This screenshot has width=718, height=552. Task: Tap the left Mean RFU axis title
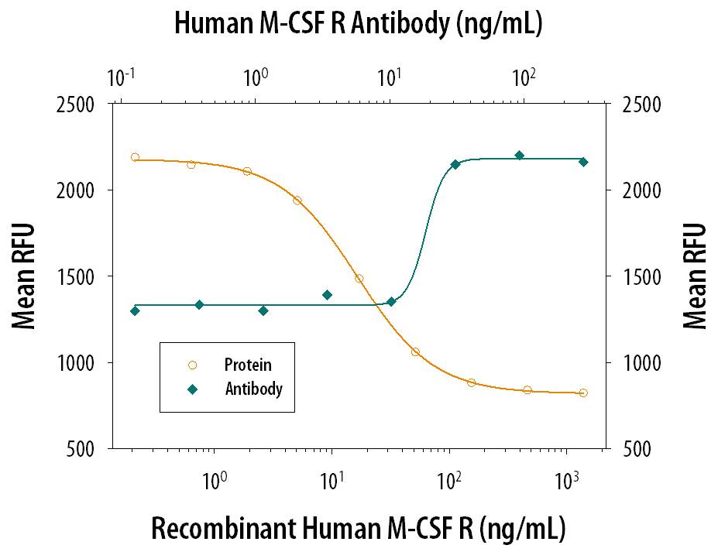point(25,276)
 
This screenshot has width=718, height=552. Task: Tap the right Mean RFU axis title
point(695,276)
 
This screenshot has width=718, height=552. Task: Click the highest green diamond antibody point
point(520,156)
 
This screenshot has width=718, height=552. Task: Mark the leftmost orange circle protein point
point(135,157)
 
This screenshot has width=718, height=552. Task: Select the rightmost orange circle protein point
point(583,393)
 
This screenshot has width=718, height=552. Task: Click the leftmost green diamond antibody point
point(135,310)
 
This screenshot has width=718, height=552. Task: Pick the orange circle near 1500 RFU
point(359,279)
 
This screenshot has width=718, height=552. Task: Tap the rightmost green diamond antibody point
point(583,162)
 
